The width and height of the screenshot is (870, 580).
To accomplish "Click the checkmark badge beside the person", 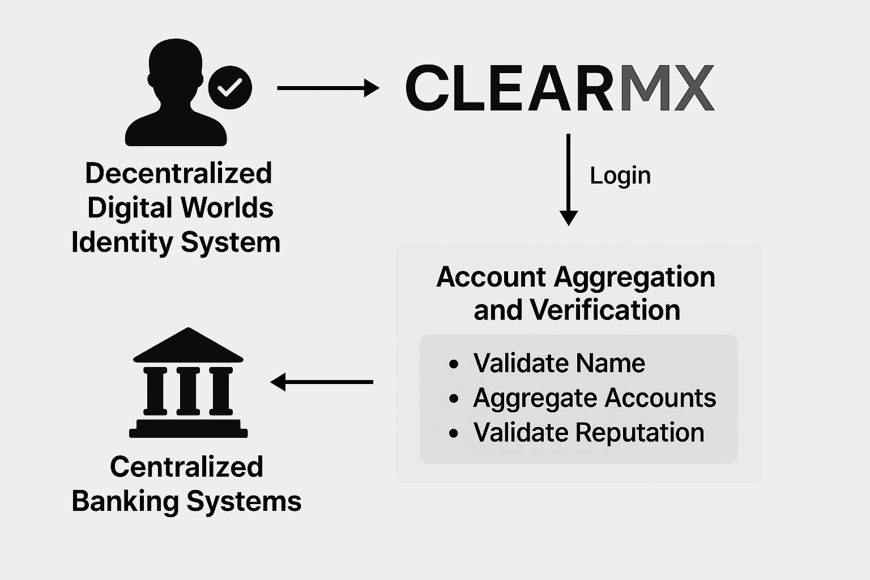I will (x=230, y=88).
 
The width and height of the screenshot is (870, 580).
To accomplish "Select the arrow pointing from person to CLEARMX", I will (x=327, y=88).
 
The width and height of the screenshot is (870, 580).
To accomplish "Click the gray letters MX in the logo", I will (x=666, y=88).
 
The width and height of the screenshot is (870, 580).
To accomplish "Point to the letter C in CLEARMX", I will (x=428, y=88).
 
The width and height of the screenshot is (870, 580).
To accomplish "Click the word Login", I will (x=620, y=176).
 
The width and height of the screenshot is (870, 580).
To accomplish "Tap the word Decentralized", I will (x=178, y=173).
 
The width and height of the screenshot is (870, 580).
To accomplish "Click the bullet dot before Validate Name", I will (x=454, y=364).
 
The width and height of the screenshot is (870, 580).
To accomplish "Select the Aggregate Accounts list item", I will (x=594, y=398).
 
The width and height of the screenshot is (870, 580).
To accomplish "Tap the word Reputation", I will (x=639, y=433).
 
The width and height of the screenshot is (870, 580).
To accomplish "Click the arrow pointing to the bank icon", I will (x=322, y=382).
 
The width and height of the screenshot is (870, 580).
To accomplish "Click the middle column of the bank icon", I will (x=188, y=391).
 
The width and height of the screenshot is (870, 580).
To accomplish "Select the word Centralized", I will (x=186, y=467).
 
